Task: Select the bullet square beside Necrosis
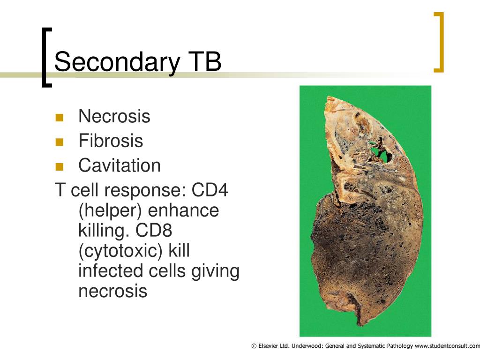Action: (60, 118)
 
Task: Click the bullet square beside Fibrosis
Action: (60, 142)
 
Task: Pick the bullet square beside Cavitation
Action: (60, 167)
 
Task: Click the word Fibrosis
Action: (111, 141)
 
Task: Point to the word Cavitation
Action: (120, 165)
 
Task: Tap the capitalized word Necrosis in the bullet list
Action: (114, 116)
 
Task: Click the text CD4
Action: (210, 190)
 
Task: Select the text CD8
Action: (154, 230)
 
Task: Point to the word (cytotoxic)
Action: (120, 251)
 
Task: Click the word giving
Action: (215, 271)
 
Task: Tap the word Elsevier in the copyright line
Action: (268, 346)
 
